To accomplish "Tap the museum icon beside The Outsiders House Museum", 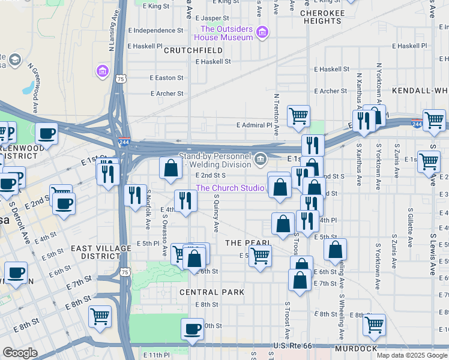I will pyautogui.click(x=262, y=32).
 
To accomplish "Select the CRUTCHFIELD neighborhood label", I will pyautogui.click(x=197, y=51).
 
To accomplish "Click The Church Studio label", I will pyautogui.click(x=230, y=188).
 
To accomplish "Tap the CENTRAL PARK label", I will pyautogui.click(x=212, y=292).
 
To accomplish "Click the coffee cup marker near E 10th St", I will pyautogui.click(x=193, y=329).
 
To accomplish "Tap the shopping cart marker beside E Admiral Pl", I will pyautogui.click(x=298, y=115).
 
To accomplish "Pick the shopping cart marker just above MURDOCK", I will pyautogui.click(x=374, y=325).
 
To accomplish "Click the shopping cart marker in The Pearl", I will pyautogui.click(x=260, y=255).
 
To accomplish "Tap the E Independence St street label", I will pyautogui.click(x=155, y=30).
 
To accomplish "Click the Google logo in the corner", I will pyautogui.click(x=20, y=353).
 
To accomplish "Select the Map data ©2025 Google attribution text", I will pyautogui.click(x=412, y=355).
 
